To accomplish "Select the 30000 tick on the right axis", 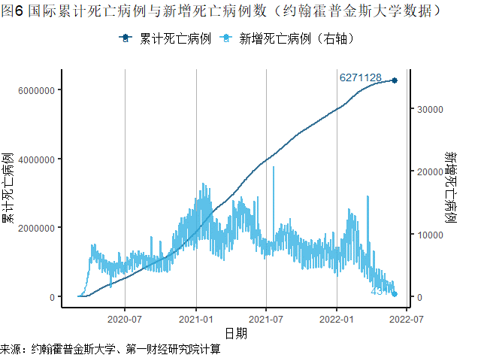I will [428, 109].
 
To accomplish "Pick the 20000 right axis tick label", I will [428, 172].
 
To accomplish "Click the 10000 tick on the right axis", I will [428, 235].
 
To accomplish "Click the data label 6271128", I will [361, 77].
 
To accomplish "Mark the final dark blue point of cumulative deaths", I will [395, 80].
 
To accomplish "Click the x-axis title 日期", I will [235, 332].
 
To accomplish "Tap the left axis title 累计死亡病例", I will [8, 188].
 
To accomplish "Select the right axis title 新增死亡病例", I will [452, 188].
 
